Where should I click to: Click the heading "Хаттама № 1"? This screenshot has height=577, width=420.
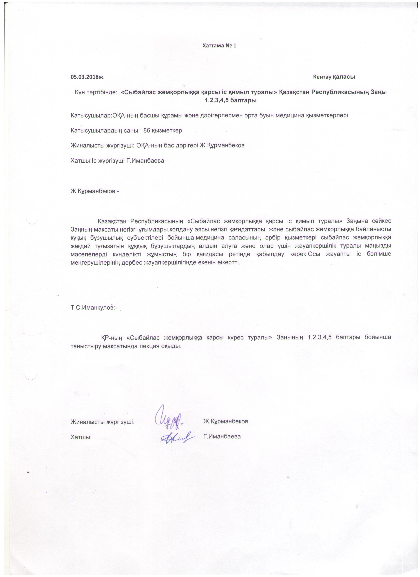pos(219,46)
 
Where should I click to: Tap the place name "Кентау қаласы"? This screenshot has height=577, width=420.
pos(334,77)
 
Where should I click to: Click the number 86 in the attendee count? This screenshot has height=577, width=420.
pos(147,131)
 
